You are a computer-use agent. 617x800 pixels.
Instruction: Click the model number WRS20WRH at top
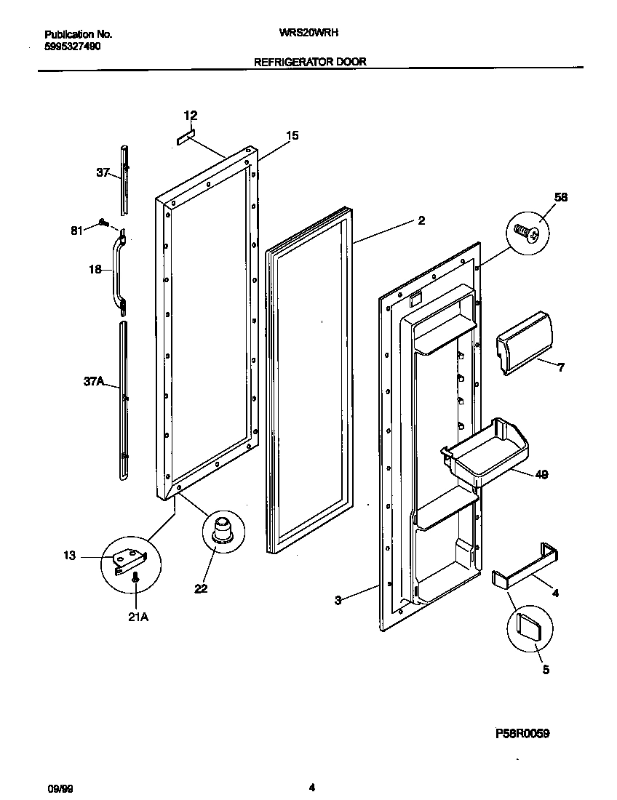click(308, 33)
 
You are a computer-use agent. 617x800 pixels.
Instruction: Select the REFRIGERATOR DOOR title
click(310, 63)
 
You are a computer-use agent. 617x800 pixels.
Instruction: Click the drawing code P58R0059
click(522, 735)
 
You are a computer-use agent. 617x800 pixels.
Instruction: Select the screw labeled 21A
click(135, 578)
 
